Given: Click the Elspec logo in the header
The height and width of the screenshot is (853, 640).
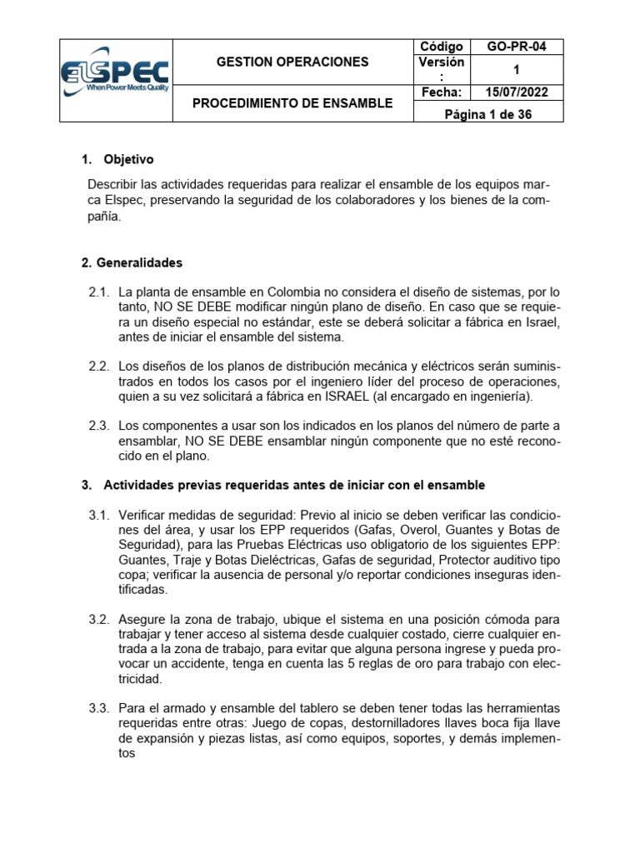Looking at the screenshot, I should [116, 80].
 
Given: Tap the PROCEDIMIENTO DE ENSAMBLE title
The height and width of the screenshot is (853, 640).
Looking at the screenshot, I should [292, 103].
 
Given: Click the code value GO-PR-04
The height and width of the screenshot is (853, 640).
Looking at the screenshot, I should [517, 47].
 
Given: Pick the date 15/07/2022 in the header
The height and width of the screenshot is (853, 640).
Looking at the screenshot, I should [517, 92].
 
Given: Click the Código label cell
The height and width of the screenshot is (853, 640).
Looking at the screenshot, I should [441, 47].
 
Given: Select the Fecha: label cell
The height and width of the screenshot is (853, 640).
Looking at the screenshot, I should [441, 92].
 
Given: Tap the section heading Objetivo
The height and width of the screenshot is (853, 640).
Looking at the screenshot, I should [128, 159].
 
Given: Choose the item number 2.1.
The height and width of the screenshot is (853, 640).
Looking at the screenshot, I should [99, 292].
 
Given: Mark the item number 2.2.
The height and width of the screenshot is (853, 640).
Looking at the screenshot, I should [99, 367].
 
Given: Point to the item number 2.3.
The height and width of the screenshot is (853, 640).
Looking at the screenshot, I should [99, 426].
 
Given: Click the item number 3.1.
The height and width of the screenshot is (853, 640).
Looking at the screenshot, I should [99, 515].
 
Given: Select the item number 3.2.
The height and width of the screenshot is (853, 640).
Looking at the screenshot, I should [99, 620].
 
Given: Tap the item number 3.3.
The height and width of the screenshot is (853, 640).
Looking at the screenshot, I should [99, 708].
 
